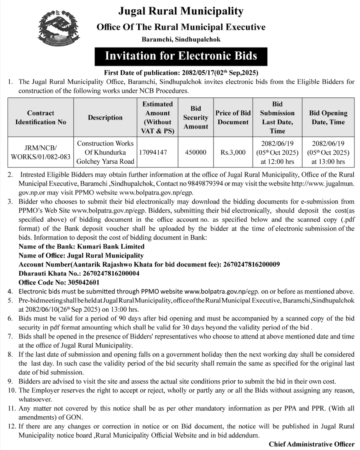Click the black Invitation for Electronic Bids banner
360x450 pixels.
pyautogui.click(x=181, y=56)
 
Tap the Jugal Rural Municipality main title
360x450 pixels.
pyautogui.click(x=181, y=11)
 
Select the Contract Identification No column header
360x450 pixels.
pyautogui.click(x=41, y=117)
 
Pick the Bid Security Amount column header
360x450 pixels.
pyautogui.click(x=196, y=117)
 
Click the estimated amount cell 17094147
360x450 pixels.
pyautogui.click(x=152, y=152)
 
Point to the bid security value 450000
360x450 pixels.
pyautogui.click(x=196, y=152)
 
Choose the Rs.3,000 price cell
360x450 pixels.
pyautogui.click(x=233, y=152)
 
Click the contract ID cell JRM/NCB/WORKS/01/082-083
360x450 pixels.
pyautogui.click(x=41, y=152)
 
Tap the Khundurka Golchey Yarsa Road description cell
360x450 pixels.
pyautogui.click(x=105, y=152)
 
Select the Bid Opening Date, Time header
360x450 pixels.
pyautogui.click(x=328, y=117)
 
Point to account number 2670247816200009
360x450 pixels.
pyautogui.click(x=251, y=265)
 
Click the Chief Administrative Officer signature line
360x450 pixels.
pyautogui.click(x=312, y=444)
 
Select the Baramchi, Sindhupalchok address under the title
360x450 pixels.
pyautogui.click(x=181, y=39)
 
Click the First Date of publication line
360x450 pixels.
pyautogui.click(x=181, y=72)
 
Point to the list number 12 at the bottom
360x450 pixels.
pyautogui.click(x=11, y=427)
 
